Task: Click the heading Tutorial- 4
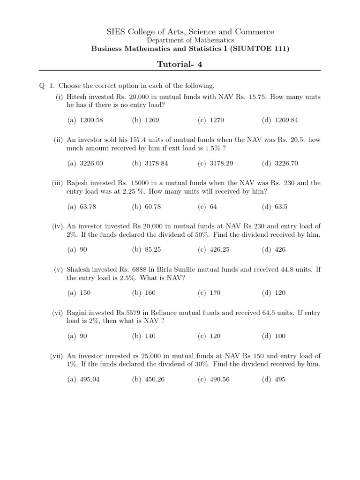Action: (x=180, y=64)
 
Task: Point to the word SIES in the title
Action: (x=116, y=32)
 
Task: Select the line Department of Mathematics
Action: (x=180, y=41)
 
